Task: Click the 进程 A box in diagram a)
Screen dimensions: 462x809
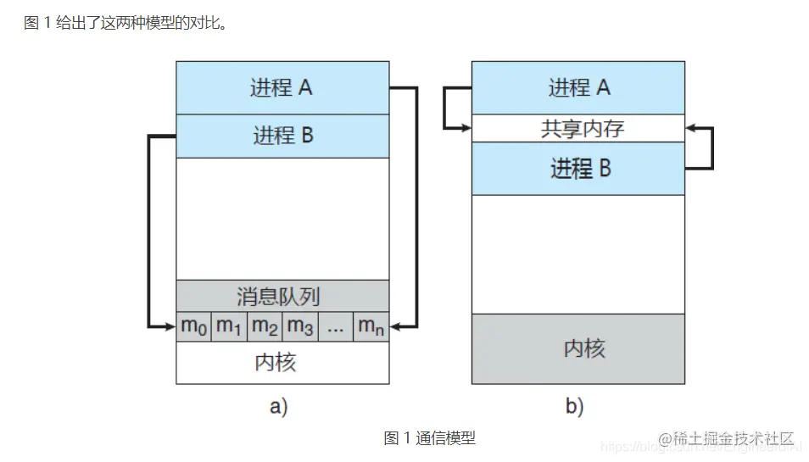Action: [x=282, y=87]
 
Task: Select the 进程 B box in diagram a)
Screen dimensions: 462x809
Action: [x=282, y=136]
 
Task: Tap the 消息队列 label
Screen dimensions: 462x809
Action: [x=282, y=296]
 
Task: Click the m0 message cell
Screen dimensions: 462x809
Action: [x=193, y=326]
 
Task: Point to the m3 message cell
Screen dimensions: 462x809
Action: [x=300, y=326]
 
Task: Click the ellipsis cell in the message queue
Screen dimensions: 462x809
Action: [x=336, y=326]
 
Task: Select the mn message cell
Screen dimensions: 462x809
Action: [x=371, y=326]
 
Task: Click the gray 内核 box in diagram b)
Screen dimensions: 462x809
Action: [x=578, y=348]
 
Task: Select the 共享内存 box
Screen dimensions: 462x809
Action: [x=578, y=128]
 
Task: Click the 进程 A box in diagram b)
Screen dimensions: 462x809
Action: [x=578, y=87]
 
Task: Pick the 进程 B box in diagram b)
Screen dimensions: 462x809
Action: [x=578, y=169]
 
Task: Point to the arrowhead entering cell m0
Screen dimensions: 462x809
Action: [x=170, y=326]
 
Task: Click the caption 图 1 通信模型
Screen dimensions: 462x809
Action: [x=430, y=438]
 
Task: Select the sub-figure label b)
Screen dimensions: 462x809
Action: [x=574, y=407]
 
